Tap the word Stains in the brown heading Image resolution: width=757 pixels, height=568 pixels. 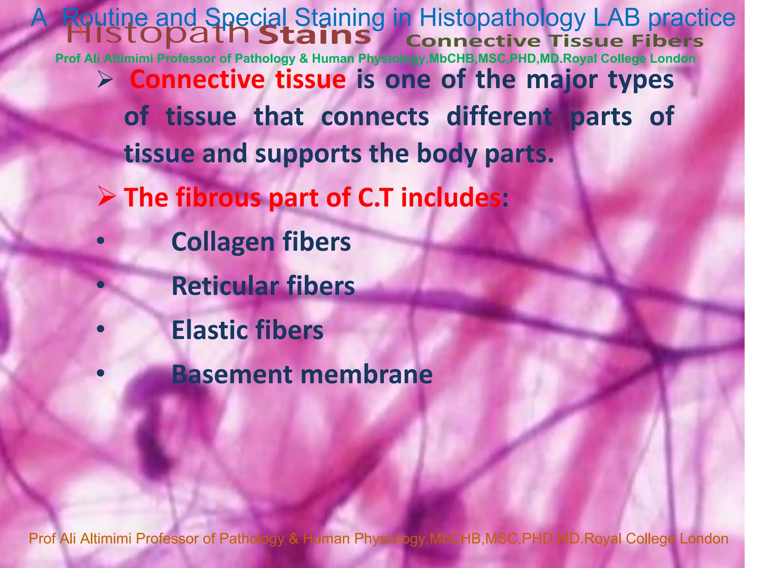pos(315,36)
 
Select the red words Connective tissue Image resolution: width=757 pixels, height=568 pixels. pos(238,80)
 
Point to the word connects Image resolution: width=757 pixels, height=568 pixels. pos(375,116)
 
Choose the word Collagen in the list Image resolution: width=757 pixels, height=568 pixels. pos(223,242)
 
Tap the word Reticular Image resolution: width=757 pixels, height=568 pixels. pos(225,286)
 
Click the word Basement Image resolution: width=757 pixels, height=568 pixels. pos(232,374)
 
